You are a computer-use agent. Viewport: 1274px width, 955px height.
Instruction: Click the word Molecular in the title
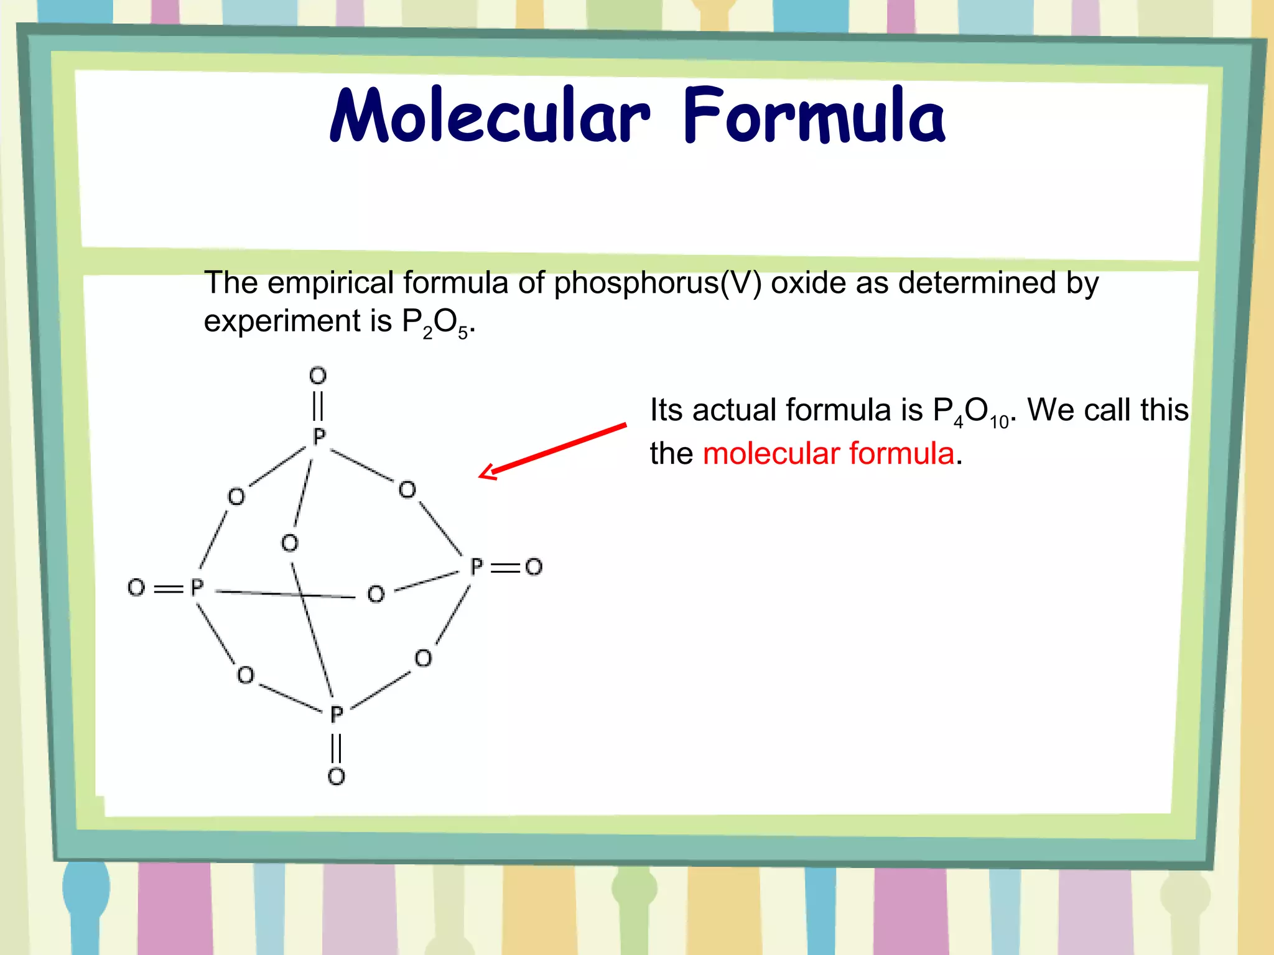click(490, 116)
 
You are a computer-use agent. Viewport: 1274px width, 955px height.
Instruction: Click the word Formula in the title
click(814, 116)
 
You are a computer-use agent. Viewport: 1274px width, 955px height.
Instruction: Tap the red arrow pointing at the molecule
click(552, 451)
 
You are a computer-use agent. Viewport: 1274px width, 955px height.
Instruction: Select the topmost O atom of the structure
click(318, 376)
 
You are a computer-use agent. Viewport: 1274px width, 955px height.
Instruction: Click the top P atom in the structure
click(319, 436)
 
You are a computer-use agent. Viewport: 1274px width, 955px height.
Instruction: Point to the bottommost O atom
click(337, 776)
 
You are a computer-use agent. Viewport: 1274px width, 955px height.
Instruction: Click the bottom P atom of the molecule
click(337, 714)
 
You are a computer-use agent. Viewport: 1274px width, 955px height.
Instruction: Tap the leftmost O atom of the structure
click(136, 588)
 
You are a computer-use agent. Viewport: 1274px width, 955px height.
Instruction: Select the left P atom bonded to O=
click(197, 588)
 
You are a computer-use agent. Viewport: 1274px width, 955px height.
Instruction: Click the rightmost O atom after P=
click(534, 567)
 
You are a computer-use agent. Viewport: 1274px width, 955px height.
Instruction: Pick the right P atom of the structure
click(477, 567)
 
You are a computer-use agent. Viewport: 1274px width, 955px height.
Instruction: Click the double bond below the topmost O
click(318, 405)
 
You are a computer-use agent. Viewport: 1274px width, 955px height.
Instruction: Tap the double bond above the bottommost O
click(337, 747)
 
